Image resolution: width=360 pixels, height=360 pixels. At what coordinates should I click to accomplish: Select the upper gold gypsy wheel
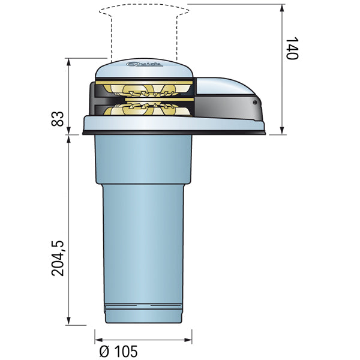pyautogui.click(x=144, y=91)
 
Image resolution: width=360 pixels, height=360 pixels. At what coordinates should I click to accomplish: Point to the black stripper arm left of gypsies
pyautogui.click(x=93, y=99)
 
